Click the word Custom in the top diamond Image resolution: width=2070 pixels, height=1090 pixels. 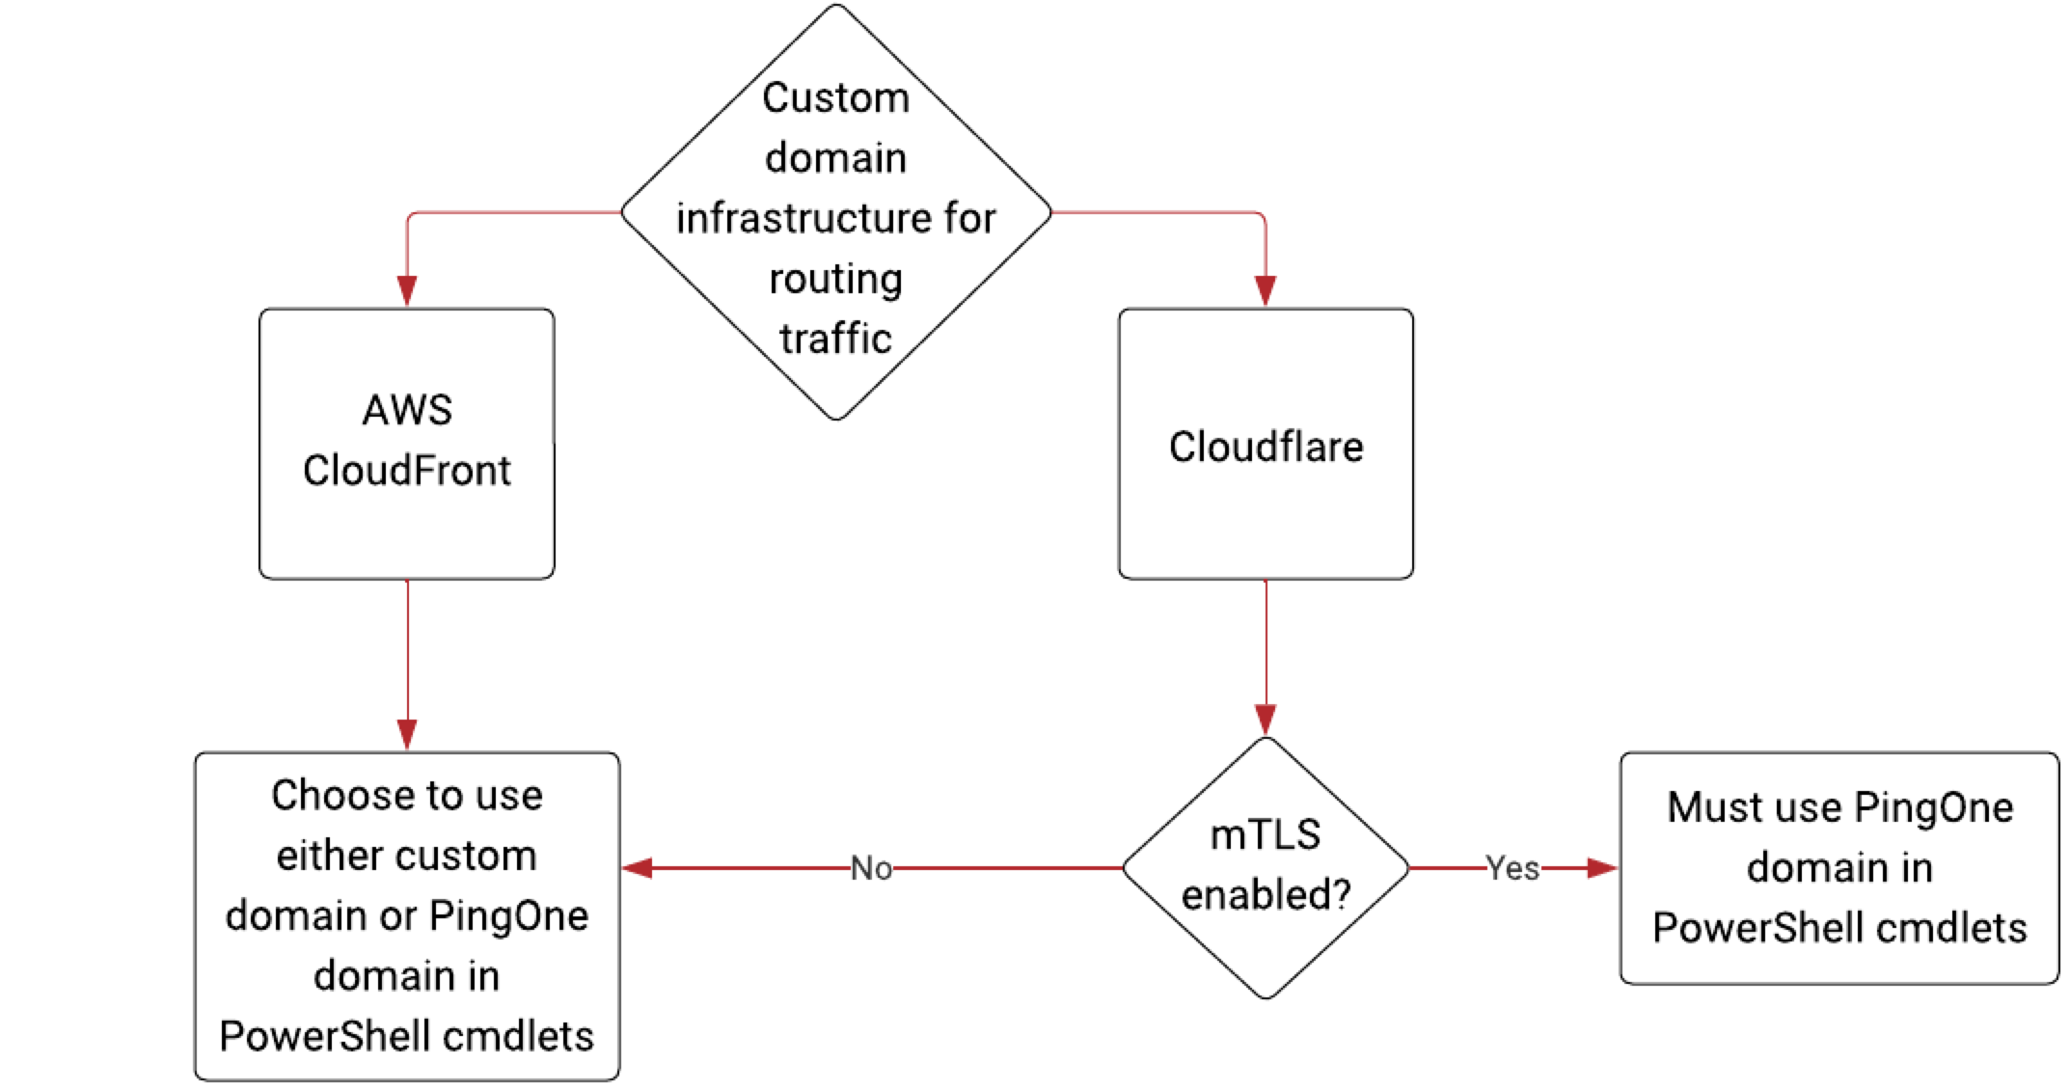[x=835, y=98]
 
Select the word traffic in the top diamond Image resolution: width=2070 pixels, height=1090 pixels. [x=835, y=339]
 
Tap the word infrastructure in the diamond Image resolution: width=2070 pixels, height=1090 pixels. [x=806, y=218]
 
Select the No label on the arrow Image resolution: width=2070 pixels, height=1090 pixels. [x=871, y=868]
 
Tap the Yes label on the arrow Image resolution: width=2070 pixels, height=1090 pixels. [x=1512, y=868]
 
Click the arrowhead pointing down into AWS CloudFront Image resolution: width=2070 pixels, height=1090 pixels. [x=407, y=290]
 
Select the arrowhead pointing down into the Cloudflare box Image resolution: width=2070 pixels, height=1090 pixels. [x=1266, y=290]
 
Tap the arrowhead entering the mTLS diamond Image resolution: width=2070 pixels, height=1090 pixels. [x=1266, y=719]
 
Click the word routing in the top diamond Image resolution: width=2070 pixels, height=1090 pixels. [x=835, y=279]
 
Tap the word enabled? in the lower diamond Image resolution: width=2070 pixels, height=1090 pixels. [x=1265, y=895]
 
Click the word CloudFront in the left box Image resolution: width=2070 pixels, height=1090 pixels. [x=406, y=471]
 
